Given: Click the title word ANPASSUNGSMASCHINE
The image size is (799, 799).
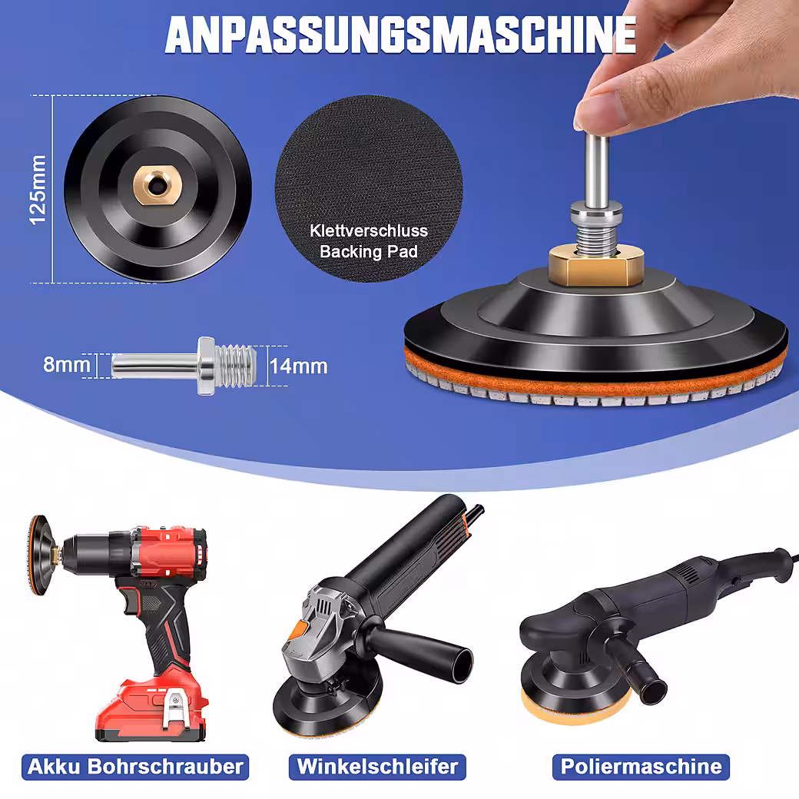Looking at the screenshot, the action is (x=400, y=35).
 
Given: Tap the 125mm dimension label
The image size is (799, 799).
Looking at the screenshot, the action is (x=38, y=190).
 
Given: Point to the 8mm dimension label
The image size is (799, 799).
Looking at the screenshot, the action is (x=66, y=364).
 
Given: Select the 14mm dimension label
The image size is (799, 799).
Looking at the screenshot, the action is (x=298, y=366).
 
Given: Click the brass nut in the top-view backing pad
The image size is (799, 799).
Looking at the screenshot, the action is (x=157, y=187).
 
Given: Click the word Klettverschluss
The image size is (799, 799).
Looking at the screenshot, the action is (x=369, y=230).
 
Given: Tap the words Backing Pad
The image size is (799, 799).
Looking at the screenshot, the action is (x=369, y=252).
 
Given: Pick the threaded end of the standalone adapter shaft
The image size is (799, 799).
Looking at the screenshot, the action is (x=236, y=365).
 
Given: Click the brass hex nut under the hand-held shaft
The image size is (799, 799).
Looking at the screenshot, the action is (x=595, y=265).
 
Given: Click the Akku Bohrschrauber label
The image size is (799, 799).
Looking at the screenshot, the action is (x=135, y=767).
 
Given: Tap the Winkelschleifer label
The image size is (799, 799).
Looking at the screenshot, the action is (x=377, y=767).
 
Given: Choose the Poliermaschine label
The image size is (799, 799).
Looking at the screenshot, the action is (x=641, y=767).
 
